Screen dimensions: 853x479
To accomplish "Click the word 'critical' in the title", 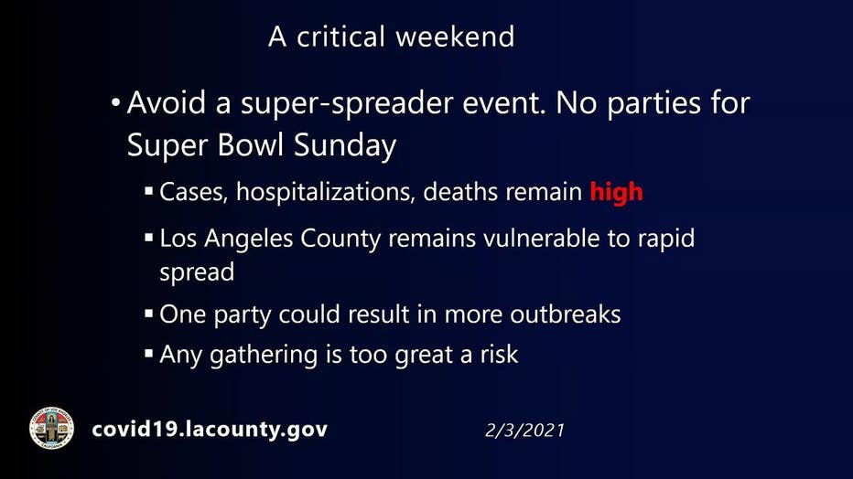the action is point(340,37).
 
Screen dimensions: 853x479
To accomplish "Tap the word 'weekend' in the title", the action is point(455,37).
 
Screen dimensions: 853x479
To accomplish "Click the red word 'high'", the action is point(616,192).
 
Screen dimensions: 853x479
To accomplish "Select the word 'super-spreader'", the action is point(347,103).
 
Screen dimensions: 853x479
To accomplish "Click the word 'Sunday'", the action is point(345,146).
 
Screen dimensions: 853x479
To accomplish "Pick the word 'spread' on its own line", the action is point(197,272).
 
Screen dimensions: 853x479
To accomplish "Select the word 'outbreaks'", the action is point(566,314).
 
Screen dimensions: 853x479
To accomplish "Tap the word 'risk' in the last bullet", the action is point(499,355).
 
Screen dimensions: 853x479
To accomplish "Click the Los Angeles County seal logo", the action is point(51,428).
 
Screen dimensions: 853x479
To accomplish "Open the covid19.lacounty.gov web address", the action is point(210,429).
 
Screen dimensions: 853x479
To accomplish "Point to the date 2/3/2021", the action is point(524,431).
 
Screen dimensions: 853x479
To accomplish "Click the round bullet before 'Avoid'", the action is point(115,102).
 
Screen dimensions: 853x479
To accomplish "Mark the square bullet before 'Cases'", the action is point(149,191).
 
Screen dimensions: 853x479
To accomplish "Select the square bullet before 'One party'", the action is point(149,314).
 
